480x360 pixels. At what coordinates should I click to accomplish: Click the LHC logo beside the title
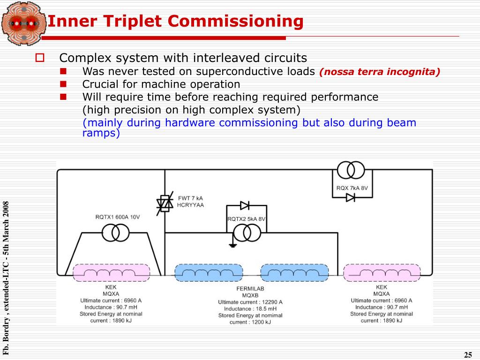[23, 23]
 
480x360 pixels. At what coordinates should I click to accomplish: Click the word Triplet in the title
[132, 22]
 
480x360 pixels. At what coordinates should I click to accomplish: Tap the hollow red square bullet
[40, 58]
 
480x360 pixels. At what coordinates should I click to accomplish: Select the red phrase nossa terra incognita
[380, 72]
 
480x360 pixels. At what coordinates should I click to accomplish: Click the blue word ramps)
[101, 133]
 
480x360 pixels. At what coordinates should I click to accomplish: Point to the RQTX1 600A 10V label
[118, 217]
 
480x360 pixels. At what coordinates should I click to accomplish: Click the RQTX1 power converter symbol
[115, 233]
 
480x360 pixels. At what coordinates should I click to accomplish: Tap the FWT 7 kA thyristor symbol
[165, 203]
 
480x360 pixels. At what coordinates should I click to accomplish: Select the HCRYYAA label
[190, 205]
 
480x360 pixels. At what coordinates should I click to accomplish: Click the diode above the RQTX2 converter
[245, 205]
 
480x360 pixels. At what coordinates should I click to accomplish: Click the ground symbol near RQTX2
[233, 245]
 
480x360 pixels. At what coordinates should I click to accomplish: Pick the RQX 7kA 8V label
[352, 188]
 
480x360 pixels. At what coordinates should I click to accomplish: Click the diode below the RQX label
[351, 198]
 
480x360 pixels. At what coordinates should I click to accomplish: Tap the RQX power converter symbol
[351, 170]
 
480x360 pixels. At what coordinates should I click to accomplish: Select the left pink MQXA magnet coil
[112, 273]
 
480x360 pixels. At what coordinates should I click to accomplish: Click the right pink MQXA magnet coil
[382, 273]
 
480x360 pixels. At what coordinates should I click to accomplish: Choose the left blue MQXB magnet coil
[209, 273]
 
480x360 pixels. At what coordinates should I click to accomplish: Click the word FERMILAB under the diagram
[250, 289]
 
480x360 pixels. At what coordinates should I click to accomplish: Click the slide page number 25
[468, 355]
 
